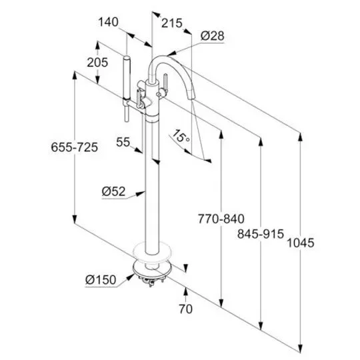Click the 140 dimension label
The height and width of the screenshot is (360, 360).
point(109,22)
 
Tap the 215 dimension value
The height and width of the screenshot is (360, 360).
point(172,23)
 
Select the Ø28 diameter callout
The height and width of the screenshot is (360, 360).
point(213,36)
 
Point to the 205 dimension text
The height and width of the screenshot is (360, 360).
point(97,63)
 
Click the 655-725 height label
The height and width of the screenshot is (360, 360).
point(75,147)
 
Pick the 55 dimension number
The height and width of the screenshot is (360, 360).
point(123,142)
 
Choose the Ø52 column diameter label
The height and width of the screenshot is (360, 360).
point(114,191)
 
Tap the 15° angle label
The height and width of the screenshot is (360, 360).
point(181,137)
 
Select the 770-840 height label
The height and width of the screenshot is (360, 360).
point(221,219)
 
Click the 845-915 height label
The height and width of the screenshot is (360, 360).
point(261,234)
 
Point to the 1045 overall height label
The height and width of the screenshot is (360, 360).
point(301,243)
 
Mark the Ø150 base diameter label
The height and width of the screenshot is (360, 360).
point(101,280)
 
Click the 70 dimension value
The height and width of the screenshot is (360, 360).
point(186,309)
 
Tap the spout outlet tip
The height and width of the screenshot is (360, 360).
point(191,97)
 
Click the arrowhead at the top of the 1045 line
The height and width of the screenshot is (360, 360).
point(300,137)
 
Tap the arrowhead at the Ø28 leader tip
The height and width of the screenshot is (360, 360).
point(171,54)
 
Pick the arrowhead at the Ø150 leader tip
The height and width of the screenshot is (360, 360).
point(131,277)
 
